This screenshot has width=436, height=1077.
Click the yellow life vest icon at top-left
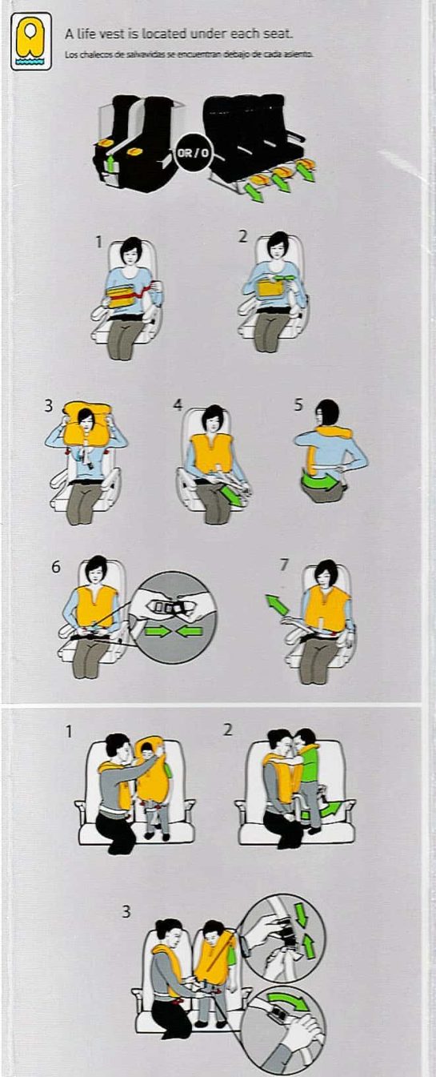[31, 45]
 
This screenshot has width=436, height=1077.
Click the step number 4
[178, 405]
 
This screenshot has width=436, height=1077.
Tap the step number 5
[298, 405]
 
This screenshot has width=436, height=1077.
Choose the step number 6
[55, 566]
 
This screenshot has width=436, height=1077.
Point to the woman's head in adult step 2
[278, 244]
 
